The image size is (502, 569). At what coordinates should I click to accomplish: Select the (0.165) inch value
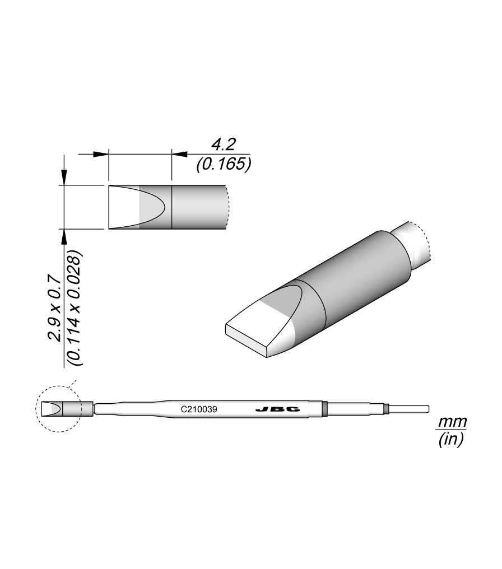pyautogui.click(x=223, y=165)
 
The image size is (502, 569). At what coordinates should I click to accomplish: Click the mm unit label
pyautogui.click(x=452, y=421)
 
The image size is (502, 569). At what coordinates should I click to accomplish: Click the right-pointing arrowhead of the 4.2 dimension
pyautogui.click(x=101, y=153)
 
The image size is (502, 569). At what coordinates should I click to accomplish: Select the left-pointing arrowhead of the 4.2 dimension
pyautogui.click(x=178, y=153)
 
